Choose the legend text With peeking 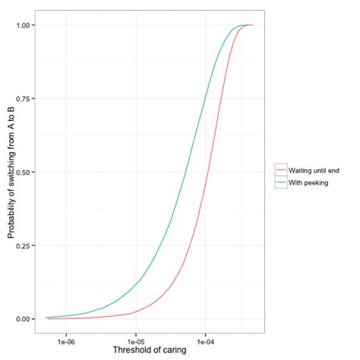[x=307, y=183]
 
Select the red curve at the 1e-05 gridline [x=136, y=311]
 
